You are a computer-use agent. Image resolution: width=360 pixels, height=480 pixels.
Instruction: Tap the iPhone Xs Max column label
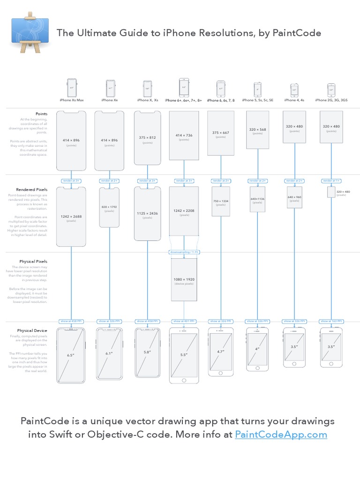71,100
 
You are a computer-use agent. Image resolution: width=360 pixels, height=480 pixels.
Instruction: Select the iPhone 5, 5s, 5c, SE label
257,100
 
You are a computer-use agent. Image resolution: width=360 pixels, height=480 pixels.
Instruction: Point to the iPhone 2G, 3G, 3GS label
331,100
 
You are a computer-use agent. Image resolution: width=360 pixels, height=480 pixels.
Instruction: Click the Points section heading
41,113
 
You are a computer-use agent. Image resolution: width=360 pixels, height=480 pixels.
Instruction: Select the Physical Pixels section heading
33,261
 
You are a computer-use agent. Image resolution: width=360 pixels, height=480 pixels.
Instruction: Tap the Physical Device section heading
32,330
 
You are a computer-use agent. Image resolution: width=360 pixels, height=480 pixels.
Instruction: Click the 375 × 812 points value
147,137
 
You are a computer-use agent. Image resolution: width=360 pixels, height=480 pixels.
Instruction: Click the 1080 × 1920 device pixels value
184,279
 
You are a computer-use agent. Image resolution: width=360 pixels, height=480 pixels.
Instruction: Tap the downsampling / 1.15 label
184,252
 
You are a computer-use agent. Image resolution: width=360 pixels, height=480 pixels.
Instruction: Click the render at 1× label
331,180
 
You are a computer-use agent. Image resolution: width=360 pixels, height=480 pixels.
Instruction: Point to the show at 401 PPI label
184,321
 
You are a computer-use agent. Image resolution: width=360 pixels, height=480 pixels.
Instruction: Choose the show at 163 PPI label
331,321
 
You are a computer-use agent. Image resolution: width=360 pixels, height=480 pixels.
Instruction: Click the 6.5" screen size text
71,355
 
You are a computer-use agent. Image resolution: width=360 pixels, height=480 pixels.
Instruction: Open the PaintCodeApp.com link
280,435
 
